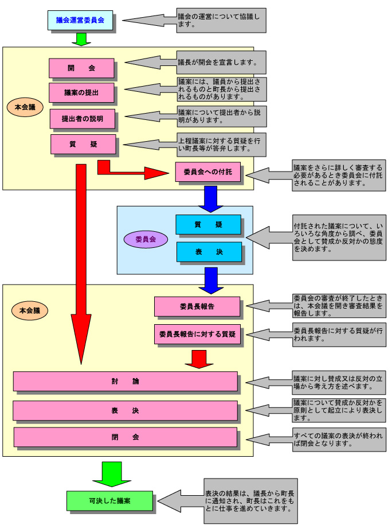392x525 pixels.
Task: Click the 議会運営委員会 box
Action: point(80,20)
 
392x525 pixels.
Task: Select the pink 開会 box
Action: point(81,68)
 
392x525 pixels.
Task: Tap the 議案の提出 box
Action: point(81,93)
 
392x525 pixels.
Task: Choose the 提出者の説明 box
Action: point(82,119)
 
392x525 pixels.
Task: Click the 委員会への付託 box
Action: point(207,172)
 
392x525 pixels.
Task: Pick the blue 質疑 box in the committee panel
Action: point(208,224)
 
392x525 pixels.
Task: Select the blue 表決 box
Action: point(208,251)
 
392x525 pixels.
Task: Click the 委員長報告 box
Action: point(197,306)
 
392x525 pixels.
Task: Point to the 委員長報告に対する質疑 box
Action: point(197,333)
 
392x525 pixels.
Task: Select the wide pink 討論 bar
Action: point(125,381)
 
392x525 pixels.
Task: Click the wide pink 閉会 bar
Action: point(125,437)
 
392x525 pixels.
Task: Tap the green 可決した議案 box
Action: point(109,501)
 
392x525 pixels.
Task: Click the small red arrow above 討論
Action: point(199,358)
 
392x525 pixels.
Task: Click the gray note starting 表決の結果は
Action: point(250,501)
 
